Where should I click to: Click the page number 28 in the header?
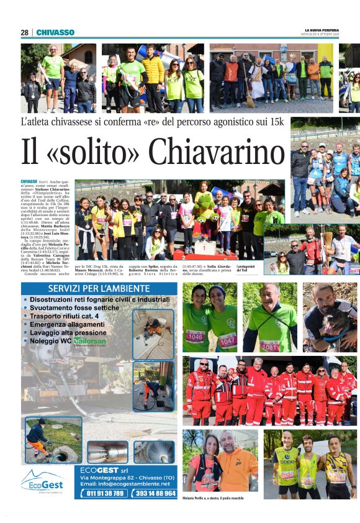(x=24, y=32)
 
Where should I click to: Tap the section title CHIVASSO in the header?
(x=55, y=32)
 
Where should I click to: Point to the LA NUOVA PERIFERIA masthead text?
(x=322, y=30)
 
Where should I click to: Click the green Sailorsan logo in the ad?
(x=91, y=342)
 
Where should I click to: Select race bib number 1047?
(x=227, y=340)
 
